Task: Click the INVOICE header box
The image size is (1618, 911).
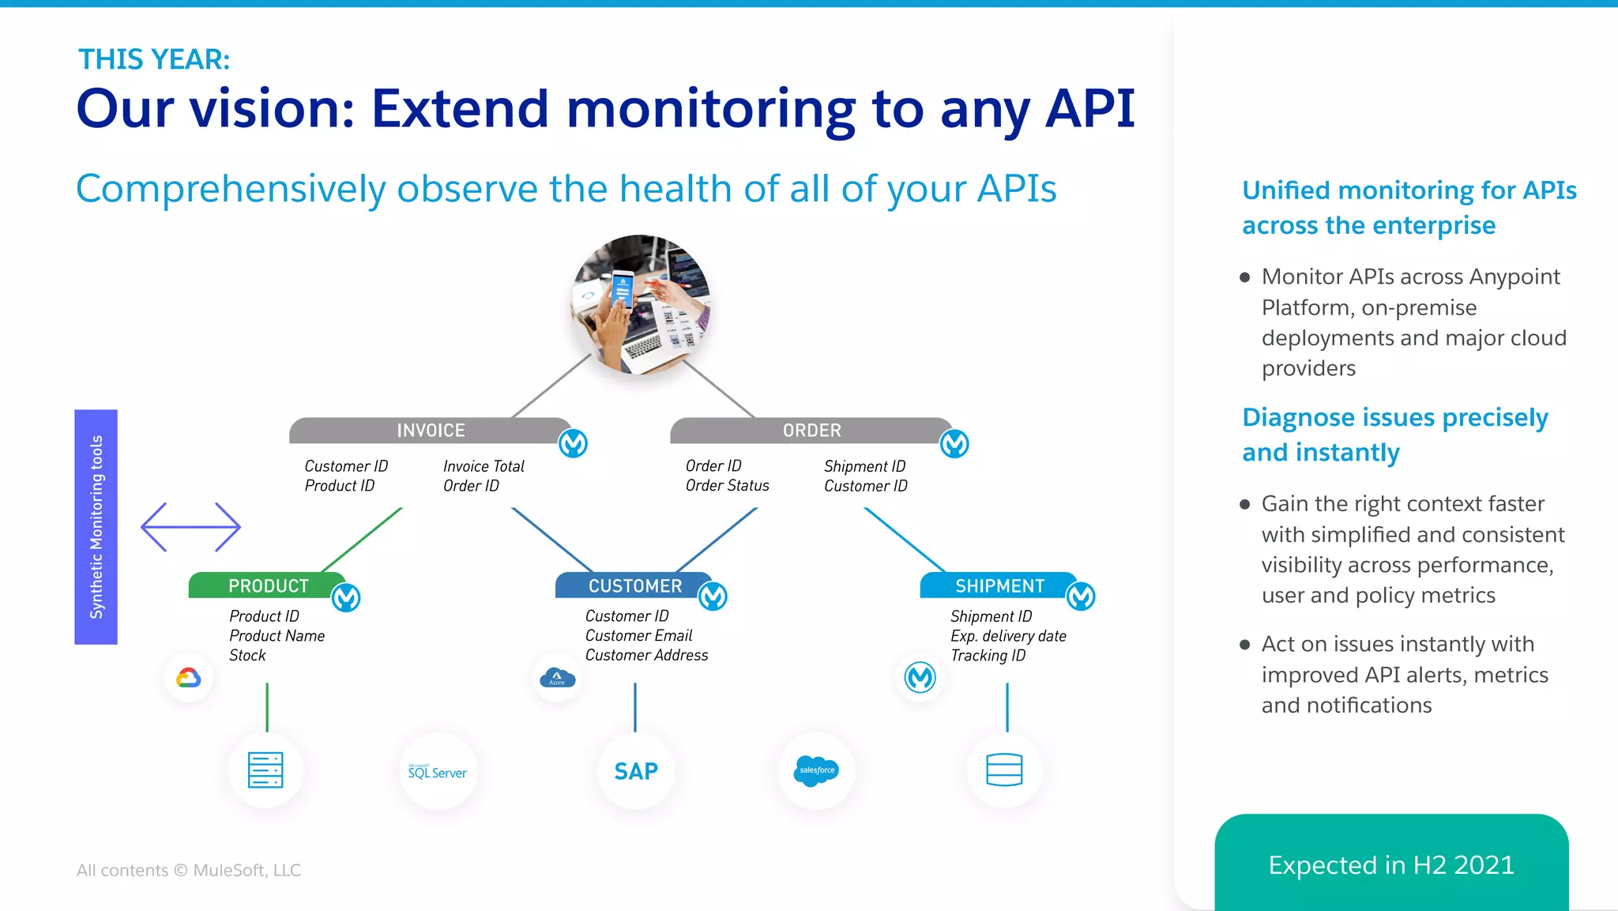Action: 431,431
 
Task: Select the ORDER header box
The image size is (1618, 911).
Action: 811,431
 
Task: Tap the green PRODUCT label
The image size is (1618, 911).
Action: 268,585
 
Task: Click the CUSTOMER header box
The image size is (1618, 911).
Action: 634,585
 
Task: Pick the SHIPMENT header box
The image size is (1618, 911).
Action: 999,585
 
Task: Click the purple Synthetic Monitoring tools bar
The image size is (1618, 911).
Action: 96,527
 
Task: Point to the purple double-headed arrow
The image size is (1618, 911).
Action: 190,527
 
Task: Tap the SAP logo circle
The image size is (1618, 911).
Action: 636,771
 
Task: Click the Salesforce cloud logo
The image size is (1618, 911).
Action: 816,770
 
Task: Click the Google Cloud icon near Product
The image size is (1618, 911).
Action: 189,678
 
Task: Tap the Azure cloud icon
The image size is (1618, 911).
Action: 558,678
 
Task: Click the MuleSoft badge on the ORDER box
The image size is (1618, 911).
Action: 954,444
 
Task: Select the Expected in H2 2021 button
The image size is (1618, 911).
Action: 1391,864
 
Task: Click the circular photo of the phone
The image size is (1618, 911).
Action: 641,304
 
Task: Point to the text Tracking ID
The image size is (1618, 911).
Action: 988,656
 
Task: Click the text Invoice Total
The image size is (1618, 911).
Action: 484,466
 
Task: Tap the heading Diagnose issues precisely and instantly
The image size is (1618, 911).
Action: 1394,435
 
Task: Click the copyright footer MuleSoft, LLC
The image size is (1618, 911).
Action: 189,870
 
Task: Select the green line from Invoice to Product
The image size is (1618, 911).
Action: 362,540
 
